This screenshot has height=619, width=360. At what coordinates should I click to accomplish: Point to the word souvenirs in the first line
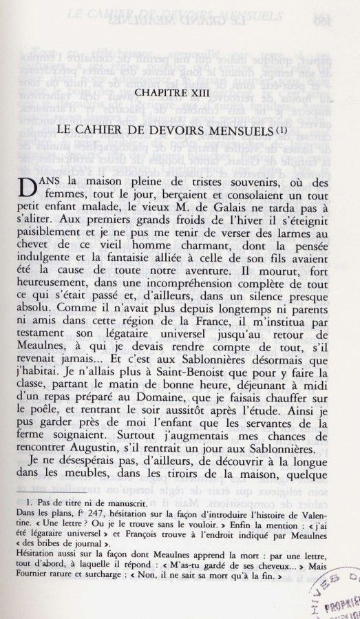232,183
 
